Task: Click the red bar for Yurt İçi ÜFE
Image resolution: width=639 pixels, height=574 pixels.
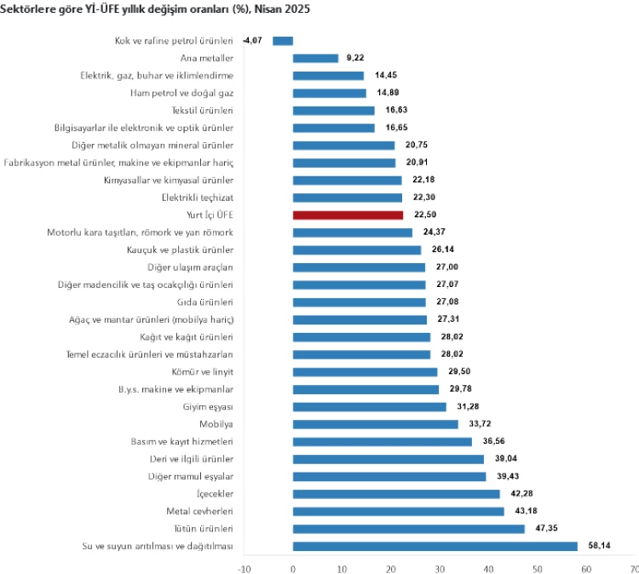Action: pyautogui.click(x=348, y=215)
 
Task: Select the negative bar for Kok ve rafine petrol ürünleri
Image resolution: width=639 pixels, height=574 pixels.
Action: pyautogui.click(x=283, y=41)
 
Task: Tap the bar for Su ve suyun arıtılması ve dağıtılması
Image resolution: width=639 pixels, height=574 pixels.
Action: pyautogui.click(x=435, y=546)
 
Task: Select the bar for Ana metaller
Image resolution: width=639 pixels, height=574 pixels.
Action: pyautogui.click(x=315, y=58)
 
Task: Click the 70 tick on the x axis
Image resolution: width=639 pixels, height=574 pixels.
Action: pyautogui.click(x=633, y=565)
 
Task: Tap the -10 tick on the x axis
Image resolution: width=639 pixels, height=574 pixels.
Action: pyautogui.click(x=244, y=565)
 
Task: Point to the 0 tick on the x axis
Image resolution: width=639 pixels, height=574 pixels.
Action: pyautogui.click(x=293, y=565)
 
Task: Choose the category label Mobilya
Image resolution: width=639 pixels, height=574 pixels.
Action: pyautogui.click(x=216, y=424)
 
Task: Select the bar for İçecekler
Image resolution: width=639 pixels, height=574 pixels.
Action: pyautogui.click(x=396, y=494)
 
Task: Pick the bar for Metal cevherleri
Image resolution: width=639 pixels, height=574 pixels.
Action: pyautogui.click(x=398, y=511)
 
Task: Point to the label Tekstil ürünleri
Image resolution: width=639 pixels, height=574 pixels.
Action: pyautogui.click(x=204, y=111)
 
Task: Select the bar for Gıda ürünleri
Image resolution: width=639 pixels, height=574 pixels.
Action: pyautogui.click(x=359, y=302)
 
